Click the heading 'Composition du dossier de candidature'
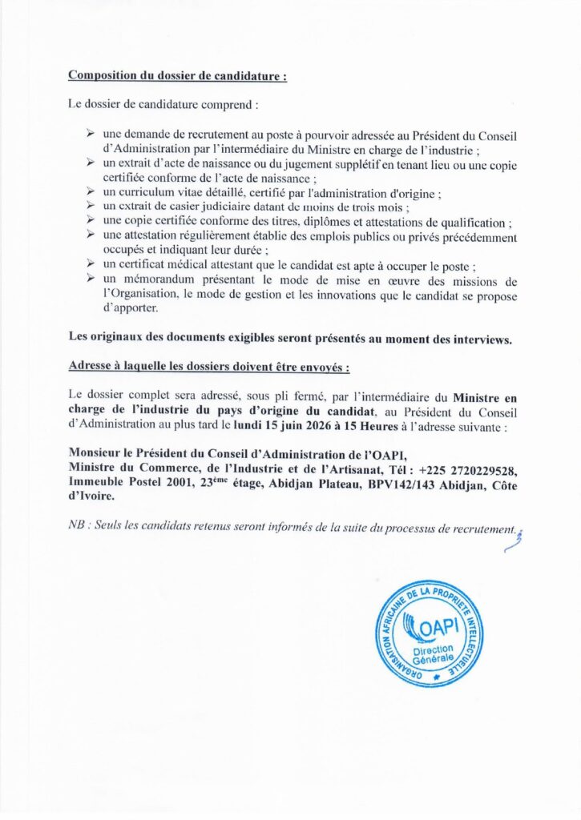[x=177, y=76]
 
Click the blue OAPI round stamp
[x=430, y=633]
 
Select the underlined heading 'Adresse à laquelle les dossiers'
[x=209, y=368]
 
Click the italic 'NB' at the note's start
[x=78, y=528]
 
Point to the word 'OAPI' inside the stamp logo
[x=440, y=623]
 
